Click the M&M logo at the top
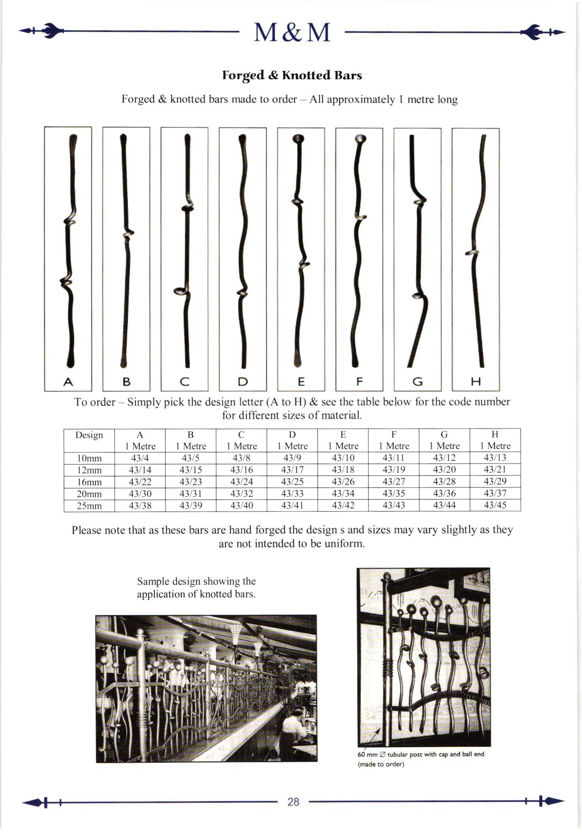(x=292, y=33)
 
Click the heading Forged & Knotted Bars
(x=292, y=75)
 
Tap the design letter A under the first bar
(x=68, y=382)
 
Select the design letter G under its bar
(x=417, y=382)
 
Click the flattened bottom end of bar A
(x=71, y=361)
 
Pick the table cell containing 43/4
(x=140, y=458)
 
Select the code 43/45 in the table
(x=495, y=505)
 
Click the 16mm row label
(x=89, y=482)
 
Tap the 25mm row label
(x=89, y=505)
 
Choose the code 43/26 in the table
(x=343, y=482)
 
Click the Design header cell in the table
(x=89, y=435)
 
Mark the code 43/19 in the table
(x=394, y=469)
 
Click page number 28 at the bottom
(x=293, y=802)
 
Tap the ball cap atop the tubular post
(x=387, y=576)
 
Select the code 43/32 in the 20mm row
(x=241, y=494)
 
